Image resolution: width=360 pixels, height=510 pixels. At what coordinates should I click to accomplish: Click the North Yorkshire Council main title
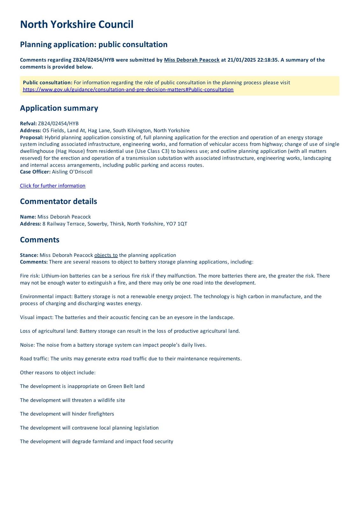76,25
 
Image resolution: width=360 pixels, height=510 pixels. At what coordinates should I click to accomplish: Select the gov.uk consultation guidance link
128,90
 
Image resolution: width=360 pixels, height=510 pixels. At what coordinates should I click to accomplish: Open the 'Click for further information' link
53,186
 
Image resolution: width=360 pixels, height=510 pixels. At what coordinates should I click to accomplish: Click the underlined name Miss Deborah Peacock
191,60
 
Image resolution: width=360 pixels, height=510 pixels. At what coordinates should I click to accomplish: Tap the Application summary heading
59,108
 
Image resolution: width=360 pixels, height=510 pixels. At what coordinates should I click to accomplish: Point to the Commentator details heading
58,201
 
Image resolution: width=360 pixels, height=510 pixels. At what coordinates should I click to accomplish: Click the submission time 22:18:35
268,60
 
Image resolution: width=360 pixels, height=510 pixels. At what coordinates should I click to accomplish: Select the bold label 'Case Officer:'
35,172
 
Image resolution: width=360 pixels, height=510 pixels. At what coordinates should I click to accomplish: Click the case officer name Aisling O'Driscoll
72,172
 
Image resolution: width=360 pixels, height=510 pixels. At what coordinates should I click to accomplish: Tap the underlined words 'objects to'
106,255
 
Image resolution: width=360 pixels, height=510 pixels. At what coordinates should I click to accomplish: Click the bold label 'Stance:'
29,255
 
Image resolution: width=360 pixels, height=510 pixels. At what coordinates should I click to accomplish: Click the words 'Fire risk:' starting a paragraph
30,276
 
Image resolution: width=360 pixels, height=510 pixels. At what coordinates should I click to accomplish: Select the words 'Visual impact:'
37,317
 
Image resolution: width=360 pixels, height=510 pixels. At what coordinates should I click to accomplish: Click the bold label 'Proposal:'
32,137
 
